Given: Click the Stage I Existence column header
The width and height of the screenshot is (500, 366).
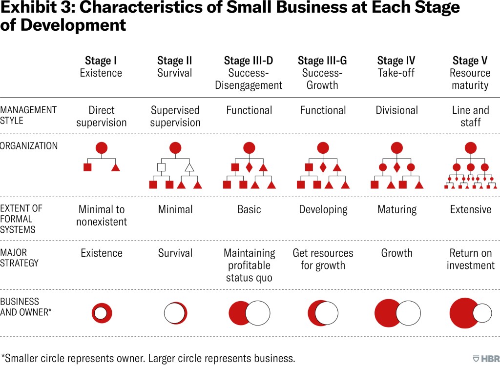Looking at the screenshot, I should point(101,67).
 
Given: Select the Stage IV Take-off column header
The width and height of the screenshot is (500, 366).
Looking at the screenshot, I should point(396,67).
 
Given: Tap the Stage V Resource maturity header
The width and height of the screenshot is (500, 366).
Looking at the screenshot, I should point(470,73).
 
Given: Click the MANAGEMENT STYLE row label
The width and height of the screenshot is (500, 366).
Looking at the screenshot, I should point(28,115).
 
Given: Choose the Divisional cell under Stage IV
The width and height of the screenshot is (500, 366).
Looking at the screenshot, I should point(396,110).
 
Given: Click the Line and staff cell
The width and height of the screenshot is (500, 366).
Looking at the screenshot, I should point(470,116).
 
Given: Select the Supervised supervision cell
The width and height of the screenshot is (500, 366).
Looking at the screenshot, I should point(175,116).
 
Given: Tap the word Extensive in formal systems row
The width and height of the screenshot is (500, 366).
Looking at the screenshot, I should point(470,210).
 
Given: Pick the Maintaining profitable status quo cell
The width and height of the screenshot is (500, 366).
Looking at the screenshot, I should point(249,265).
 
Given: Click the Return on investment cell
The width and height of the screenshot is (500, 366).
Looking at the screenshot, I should point(470,259).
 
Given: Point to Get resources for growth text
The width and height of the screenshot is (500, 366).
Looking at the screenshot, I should point(323,259).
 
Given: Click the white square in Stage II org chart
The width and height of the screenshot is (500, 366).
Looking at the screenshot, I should point(161,167).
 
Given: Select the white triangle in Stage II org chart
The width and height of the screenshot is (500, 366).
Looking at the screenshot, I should point(189,167).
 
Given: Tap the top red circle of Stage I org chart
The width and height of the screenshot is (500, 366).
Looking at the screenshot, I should point(101,147).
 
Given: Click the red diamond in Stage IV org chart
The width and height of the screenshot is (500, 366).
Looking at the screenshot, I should point(397,167).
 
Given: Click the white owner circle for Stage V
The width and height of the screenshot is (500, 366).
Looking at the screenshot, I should point(482,313).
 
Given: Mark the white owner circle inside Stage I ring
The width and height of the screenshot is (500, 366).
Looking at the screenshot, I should point(101,313).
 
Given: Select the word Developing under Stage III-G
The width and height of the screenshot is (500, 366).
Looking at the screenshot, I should point(323,210).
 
